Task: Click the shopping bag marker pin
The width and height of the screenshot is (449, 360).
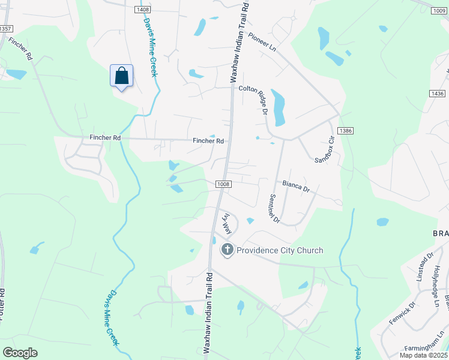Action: [121, 77]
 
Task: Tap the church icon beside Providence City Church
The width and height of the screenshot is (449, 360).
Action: [228, 250]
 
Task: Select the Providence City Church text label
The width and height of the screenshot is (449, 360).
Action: [280, 250]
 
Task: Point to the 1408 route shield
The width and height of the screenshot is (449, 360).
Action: [142, 10]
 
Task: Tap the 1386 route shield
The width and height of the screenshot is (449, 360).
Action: [345, 130]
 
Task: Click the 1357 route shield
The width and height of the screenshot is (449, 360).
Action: [5, 28]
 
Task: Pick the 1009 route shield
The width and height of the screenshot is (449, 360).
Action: [440, 10]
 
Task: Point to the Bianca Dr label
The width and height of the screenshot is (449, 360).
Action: [296, 188]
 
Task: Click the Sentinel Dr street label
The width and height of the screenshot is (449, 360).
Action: [275, 208]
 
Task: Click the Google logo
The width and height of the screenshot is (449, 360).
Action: [20, 353]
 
